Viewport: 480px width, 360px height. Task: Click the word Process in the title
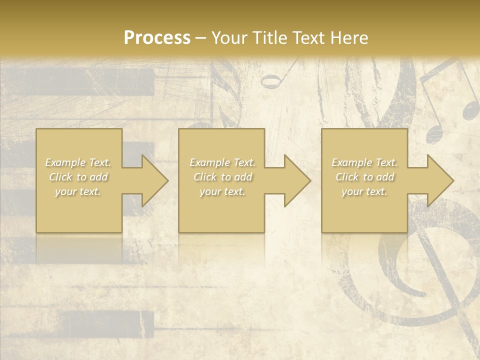click(157, 38)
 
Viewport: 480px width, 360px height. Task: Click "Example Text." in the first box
click(78, 162)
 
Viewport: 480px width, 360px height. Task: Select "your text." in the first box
click(78, 191)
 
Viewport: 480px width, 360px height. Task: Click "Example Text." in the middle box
click(222, 162)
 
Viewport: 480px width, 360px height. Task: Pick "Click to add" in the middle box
click(222, 177)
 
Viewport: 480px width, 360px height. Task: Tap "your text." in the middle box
click(222, 191)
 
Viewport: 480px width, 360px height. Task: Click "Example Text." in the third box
click(364, 162)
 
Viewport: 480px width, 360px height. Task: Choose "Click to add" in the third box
click(364, 177)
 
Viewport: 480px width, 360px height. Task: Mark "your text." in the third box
click(364, 191)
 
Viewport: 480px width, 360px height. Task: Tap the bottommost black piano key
click(107, 322)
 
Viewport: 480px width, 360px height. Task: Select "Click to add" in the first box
click(78, 177)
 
